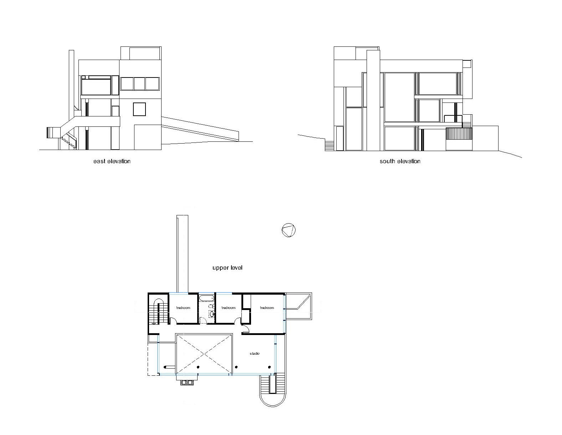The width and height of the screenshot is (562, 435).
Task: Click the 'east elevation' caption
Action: [112, 161]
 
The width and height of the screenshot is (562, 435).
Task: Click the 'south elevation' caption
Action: [400, 161]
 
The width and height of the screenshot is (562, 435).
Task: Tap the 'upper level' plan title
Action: [227, 268]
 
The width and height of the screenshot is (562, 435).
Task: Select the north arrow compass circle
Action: [288, 230]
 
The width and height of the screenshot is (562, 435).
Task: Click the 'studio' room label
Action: [255, 354]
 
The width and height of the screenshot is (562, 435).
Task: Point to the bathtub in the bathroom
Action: [206, 298]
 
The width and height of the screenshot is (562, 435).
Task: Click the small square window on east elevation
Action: [139, 109]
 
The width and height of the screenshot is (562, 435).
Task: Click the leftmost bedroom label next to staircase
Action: [183, 308]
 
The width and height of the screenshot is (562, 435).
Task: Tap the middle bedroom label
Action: [228, 308]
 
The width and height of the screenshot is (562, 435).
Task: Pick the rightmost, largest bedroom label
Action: [267, 308]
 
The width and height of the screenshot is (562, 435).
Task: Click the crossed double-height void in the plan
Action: [204, 354]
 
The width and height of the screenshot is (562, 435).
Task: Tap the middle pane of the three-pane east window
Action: [139, 84]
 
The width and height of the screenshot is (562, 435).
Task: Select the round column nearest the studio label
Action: [269, 367]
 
